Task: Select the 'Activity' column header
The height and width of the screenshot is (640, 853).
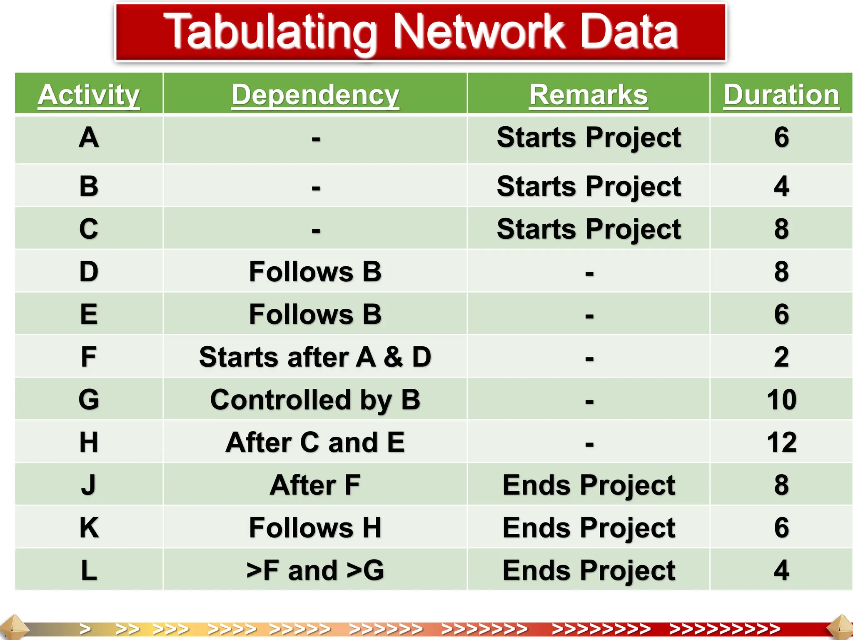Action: click(89, 95)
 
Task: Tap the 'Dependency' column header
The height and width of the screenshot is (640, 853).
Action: click(315, 95)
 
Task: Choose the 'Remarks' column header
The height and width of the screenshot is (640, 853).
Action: click(589, 95)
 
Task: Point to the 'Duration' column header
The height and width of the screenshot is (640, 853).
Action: click(781, 95)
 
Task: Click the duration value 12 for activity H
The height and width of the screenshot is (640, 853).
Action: click(781, 442)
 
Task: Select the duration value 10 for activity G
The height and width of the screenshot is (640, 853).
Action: click(781, 400)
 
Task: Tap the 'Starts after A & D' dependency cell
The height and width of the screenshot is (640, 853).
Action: click(315, 357)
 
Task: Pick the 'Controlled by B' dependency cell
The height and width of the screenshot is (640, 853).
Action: click(315, 400)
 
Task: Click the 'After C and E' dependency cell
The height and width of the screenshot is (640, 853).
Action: click(315, 442)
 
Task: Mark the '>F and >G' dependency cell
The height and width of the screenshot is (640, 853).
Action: click(315, 570)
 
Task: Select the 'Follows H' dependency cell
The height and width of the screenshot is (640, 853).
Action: click(315, 527)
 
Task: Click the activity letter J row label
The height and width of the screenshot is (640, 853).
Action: click(89, 485)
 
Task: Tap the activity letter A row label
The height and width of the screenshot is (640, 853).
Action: click(89, 137)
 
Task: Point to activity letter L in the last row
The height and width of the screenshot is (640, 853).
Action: click(89, 570)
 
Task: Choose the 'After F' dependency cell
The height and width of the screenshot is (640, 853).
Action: click(315, 485)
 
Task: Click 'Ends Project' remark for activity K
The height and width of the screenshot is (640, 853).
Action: click(589, 527)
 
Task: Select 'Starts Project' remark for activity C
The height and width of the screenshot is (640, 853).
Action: click(589, 229)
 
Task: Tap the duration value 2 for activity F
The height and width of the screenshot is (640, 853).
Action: click(781, 357)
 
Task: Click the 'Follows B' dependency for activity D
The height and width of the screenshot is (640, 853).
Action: click(315, 272)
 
